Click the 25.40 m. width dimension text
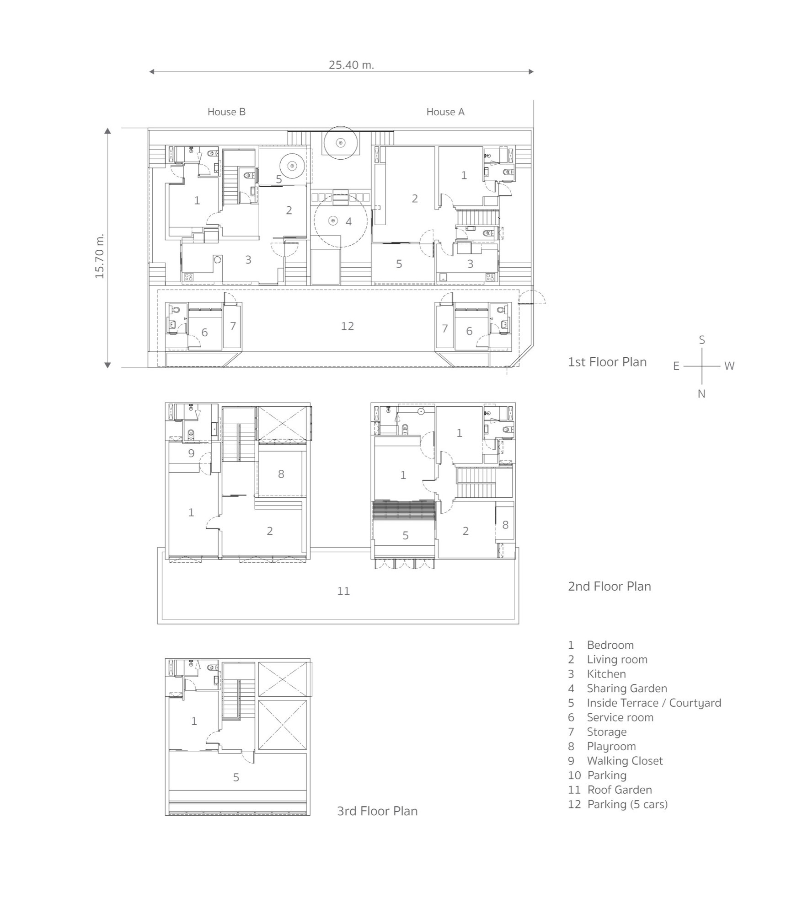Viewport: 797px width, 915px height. (351, 65)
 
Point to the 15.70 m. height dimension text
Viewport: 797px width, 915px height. (100, 256)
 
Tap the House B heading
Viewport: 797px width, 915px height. (226, 112)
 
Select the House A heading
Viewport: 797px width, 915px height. (445, 112)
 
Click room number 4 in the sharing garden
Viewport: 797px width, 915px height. (348, 222)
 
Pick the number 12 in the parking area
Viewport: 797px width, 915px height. (347, 326)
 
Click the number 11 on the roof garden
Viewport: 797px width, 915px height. (343, 591)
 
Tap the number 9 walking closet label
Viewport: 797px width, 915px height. (191, 453)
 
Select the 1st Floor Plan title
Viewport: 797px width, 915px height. (607, 362)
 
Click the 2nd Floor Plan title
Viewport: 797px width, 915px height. (609, 587)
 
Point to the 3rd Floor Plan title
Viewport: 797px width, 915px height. (377, 811)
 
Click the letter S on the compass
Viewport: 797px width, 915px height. (701, 340)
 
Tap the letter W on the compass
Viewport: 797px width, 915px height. (729, 366)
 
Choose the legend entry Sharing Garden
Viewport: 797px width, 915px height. (626, 689)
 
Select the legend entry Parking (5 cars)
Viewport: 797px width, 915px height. (627, 804)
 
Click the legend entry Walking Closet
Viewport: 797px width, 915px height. (624, 761)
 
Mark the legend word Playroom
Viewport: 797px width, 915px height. (611, 746)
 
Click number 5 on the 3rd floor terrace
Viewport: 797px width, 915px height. (236, 777)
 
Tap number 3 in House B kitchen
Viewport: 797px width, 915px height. (248, 260)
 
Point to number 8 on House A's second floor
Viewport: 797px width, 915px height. (505, 525)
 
